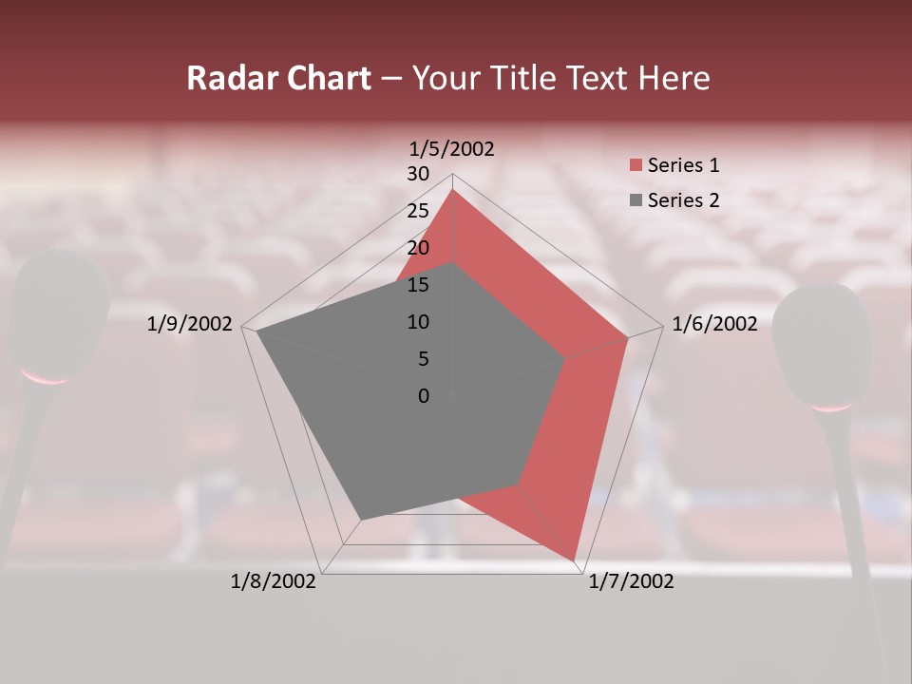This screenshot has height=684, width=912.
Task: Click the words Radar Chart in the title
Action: click(278, 79)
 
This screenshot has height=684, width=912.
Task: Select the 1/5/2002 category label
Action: click(452, 149)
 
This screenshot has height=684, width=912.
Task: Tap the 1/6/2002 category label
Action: click(714, 324)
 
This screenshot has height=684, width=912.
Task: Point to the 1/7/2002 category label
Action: click(631, 581)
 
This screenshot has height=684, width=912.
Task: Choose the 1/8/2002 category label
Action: click(274, 581)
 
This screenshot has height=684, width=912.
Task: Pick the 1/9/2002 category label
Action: click(190, 324)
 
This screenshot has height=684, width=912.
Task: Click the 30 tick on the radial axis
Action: click(418, 174)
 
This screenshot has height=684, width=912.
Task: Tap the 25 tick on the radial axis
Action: click(418, 211)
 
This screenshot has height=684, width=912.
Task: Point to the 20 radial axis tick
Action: click(418, 248)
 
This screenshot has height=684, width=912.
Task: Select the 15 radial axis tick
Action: click(418, 285)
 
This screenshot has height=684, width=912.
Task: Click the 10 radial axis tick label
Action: click(418, 322)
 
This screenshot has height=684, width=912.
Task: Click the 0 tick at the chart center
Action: click(424, 396)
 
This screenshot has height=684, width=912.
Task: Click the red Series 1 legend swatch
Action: click(636, 165)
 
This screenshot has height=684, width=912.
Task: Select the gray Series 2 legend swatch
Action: click(636, 200)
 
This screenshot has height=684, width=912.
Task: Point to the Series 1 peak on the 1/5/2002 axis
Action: click(453, 190)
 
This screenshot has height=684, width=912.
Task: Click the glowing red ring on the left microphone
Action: click(46, 377)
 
